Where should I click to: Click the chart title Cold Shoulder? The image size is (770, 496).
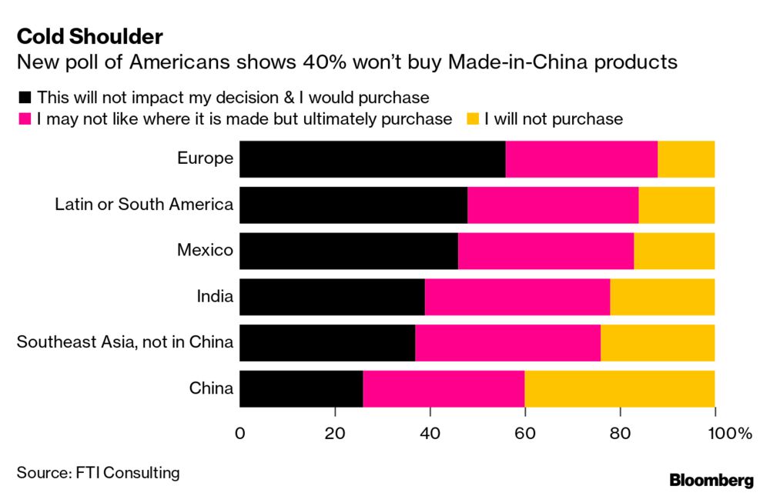[89, 36]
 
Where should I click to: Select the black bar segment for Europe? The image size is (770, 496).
[373, 159]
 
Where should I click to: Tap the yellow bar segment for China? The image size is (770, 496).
[620, 388]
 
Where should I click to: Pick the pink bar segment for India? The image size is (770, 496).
[517, 297]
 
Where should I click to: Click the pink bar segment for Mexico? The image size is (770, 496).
[546, 251]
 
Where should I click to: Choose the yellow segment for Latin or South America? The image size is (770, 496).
[677, 205]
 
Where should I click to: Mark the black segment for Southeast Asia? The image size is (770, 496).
[327, 342]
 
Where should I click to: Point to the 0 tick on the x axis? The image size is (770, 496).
[240, 434]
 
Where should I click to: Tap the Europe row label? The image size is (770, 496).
[205, 159]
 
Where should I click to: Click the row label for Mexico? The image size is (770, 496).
[205, 251]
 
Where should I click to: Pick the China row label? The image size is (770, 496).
[211, 388]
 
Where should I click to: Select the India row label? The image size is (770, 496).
[215, 297]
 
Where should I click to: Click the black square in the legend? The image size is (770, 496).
[24, 98]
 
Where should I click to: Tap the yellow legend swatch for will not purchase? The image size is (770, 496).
[474, 119]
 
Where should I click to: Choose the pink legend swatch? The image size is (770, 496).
[24, 119]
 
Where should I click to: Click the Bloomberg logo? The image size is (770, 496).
[711, 481]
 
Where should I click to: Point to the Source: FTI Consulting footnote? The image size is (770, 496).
[97, 472]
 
